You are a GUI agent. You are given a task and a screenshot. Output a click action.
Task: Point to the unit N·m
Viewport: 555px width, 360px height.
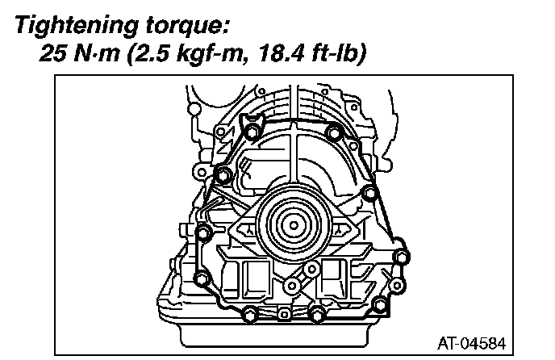tap(97, 53)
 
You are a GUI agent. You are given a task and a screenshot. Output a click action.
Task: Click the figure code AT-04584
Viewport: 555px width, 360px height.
tap(472, 344)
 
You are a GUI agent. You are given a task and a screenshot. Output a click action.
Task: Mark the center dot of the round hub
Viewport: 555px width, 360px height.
tap(294, 225)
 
